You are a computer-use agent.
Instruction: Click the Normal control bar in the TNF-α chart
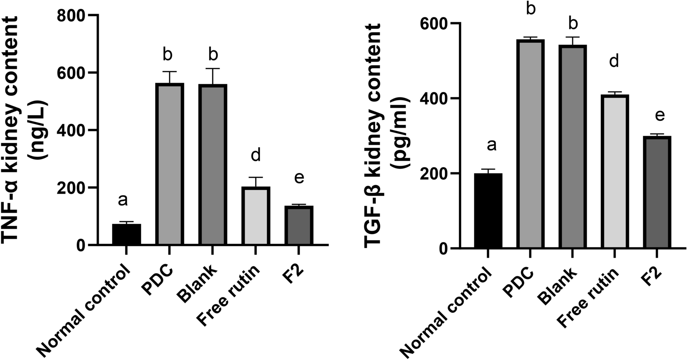point(127,234)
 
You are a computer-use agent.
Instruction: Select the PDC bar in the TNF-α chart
point(170,164)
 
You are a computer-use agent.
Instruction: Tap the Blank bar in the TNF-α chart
point(213,164)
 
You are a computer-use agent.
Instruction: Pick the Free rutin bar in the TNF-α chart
point(256,216)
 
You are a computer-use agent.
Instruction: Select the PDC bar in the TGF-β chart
point(530,144)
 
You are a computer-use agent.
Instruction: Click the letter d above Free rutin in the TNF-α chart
point(255,156)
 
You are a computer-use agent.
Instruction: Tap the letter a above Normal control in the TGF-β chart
point(491,145)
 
